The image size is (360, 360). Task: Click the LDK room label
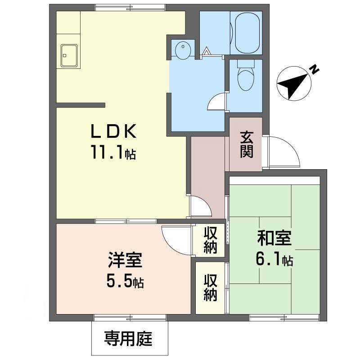click(114, 131)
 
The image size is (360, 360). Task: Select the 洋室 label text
click(125, 260)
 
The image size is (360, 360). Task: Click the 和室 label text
click(274, 238)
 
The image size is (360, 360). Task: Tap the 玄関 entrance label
click(247, 144)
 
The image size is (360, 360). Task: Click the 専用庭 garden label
click(128, 339)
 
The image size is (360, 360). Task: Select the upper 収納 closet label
click(210, 240)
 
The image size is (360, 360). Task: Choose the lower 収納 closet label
click(210, 288)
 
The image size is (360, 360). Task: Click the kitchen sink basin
click(69, 55)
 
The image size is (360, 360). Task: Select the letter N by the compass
click(314, 69)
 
